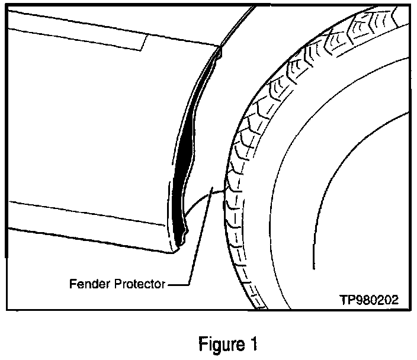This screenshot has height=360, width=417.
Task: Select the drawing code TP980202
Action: (368, 300)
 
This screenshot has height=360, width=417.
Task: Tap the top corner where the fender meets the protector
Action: (219, 49)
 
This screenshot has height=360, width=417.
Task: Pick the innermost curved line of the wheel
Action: (314, 195)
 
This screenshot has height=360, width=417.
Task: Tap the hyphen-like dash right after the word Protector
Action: (173, 285)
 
